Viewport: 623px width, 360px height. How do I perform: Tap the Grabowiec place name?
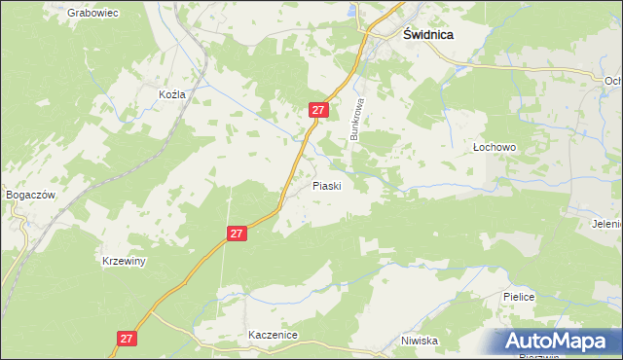pos(92,14)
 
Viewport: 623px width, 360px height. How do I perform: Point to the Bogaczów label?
pos(29,195)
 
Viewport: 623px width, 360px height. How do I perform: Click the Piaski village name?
pos(326,185)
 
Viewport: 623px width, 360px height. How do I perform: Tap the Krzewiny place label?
pos(124,262)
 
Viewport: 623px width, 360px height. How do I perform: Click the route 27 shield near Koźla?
pos(317,110)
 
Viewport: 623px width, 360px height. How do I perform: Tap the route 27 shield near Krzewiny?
pos(238,234)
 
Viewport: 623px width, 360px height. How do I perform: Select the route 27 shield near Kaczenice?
pos(126,338)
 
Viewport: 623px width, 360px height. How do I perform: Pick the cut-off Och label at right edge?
pos(613,81)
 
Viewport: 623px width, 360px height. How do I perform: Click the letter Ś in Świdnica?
pos(409,32)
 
